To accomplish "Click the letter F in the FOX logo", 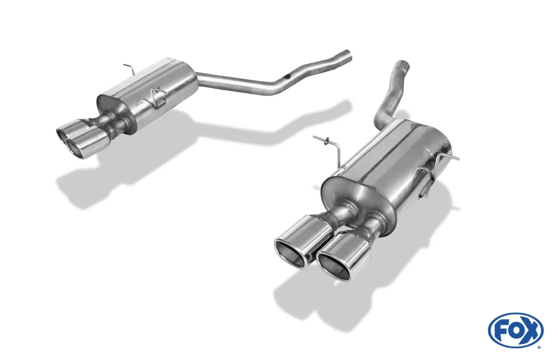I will click(x=501, y=330).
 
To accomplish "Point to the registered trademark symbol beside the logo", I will click(x=539, y=347).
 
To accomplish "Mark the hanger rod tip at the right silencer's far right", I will click(x=458, y=158).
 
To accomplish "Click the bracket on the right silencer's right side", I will click(x=430, y=176).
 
